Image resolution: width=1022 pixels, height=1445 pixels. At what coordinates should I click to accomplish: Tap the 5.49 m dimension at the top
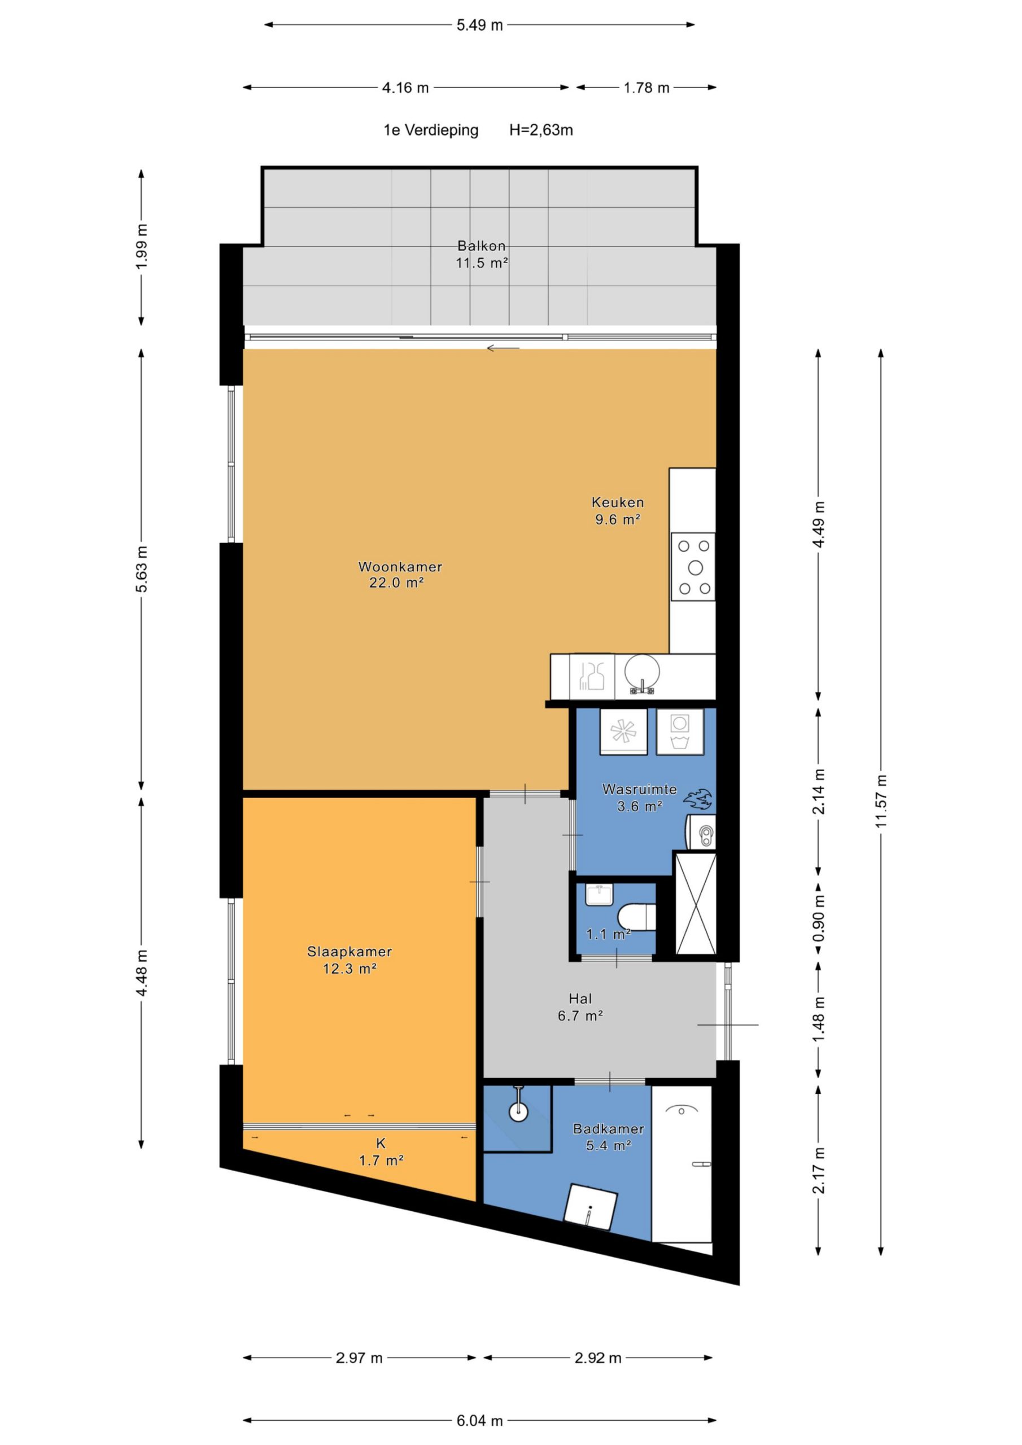click(x=480, y=25)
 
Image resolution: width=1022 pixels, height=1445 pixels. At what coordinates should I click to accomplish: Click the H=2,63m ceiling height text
click(x=541, y=130)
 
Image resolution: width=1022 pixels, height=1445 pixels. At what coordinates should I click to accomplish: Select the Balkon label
click(x=482, y=246)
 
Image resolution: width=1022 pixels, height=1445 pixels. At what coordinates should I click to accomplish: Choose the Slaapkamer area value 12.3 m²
click(x=350, y=969)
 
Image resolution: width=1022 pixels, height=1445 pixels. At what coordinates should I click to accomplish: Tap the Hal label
click(x=580, y=998)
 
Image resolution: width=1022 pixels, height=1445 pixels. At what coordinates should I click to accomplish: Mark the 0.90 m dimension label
click(x=819, y=918)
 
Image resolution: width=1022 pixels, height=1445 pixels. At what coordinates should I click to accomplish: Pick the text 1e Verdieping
click(x=431, y=130)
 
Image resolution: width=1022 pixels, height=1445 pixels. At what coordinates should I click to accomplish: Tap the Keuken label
click(x=618, y=502)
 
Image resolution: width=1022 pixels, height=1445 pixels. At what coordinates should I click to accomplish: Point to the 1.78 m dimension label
click(x=647, y=88)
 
